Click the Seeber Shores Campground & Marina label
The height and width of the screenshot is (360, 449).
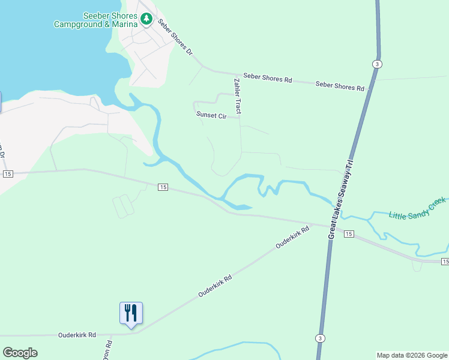coord(95,20)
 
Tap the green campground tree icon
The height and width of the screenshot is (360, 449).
coord(146,20)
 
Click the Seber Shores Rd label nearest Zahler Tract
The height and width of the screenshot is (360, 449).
coord(267,79)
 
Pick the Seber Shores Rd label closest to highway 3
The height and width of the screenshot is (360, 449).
coord(340,86)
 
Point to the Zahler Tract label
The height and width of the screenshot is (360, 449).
coord(238,96)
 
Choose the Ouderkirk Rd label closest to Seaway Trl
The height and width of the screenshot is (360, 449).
coord(292,237)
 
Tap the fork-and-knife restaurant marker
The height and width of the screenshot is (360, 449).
coord(131,313)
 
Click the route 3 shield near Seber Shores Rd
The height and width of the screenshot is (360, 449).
coord(376,64)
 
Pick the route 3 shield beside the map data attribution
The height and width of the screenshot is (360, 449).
coord(321,338)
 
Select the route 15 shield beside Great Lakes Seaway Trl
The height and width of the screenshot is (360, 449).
coord(349,233)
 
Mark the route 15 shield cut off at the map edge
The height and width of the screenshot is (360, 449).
coord(445,262)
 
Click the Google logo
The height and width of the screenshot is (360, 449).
coord(20,353)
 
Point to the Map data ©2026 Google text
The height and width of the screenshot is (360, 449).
coord(412,355)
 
